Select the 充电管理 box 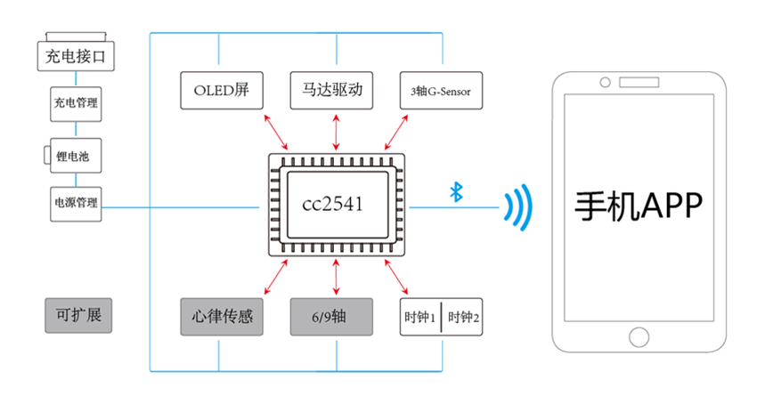76,103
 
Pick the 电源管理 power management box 76,203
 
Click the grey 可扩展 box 78,316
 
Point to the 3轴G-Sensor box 441,90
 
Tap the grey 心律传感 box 221,317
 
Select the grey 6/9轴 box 335,317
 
